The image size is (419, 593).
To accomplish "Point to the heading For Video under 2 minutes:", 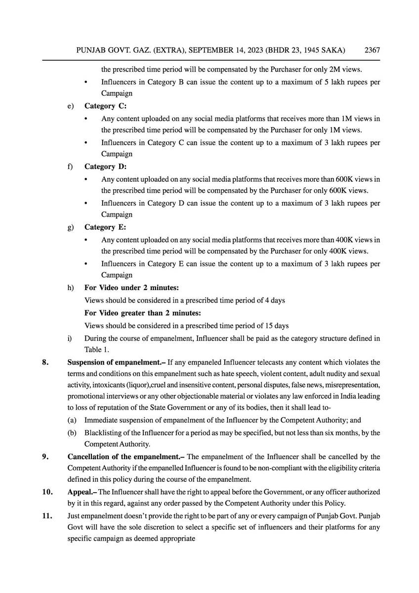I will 131,288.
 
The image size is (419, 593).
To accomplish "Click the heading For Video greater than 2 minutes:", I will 143,313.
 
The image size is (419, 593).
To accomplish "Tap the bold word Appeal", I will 81,492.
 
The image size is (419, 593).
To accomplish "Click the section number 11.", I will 47,515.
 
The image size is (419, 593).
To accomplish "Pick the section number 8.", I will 45,362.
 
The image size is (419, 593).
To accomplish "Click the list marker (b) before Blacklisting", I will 72,433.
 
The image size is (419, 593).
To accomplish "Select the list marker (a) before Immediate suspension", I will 72,421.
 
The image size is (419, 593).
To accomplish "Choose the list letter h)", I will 71,288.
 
